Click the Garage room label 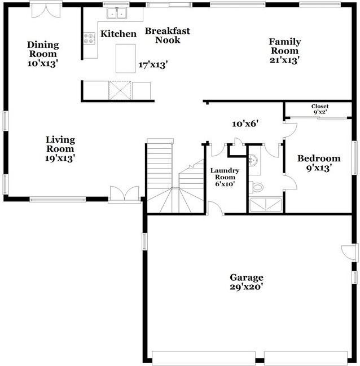pyautogui.click(x=246, y=277)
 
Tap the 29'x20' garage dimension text pyautogui.click(x=246, y=286)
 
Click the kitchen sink pyautogui.click(x=117, y=12)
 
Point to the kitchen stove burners pyautogui.click(x=89, y=38)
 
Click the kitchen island pyautogui.click(x=125, y=58)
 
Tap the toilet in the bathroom pyautogui.click(x=257, y=186)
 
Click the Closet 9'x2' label pyautogui.click(x=319, y=109)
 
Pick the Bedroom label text pyautogui.click(x=319, y=158)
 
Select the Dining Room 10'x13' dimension pyautogui.click(x=43, y=64)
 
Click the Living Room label pyautogui.click(x=60, y=144)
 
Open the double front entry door pyautogui.click(x=124, y=194)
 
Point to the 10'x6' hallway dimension pyautogui.click(x=245, y=123)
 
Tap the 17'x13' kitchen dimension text pyautogui.click(x=153, y=65)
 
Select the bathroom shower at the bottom pyautogui.click(x=266, y=204)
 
